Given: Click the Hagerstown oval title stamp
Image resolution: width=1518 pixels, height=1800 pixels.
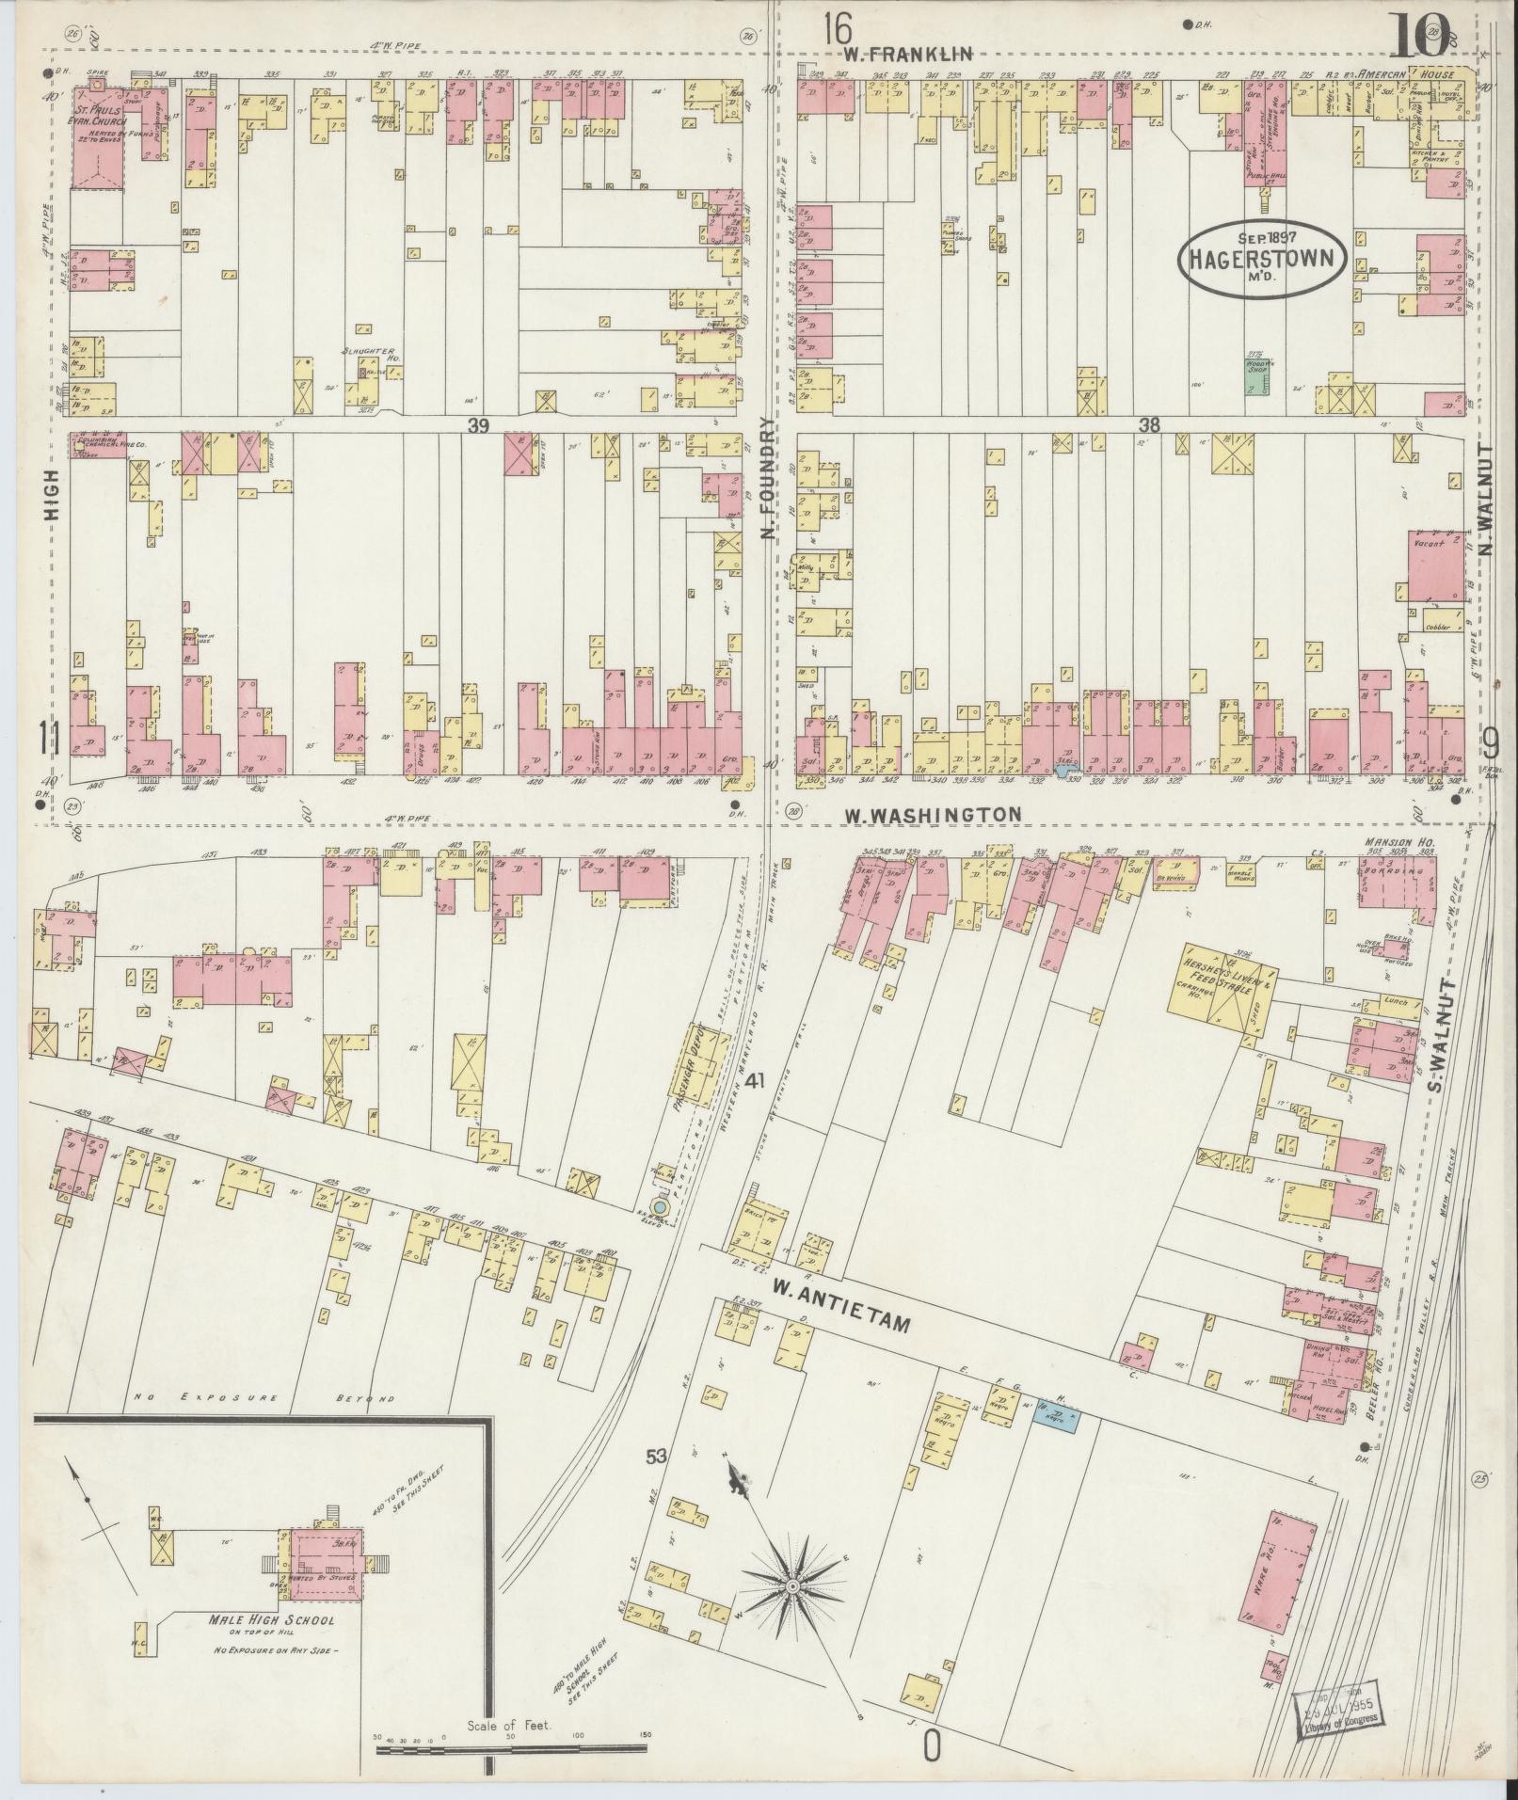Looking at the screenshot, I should (1263, 260).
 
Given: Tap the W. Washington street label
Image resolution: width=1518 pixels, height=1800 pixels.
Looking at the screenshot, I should (931, 814).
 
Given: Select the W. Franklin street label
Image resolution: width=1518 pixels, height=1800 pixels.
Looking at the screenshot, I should (907, 55).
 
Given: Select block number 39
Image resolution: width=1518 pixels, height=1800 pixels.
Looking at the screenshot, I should (479, 426).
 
